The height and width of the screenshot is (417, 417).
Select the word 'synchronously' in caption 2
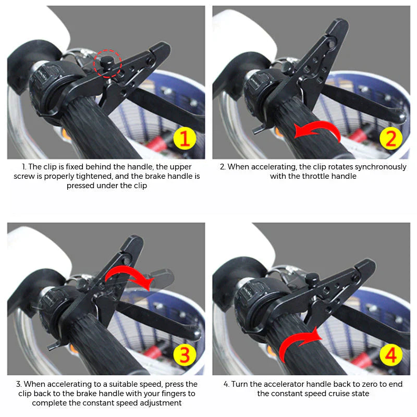click(381, 167)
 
